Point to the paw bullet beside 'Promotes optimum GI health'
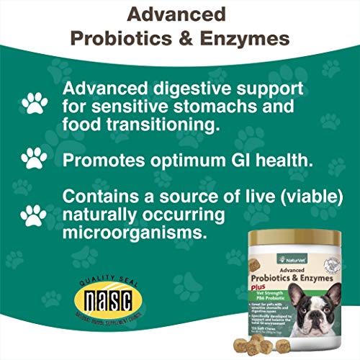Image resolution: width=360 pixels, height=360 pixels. [33, 158]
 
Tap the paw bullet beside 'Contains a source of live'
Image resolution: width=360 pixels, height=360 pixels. [33, 213]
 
